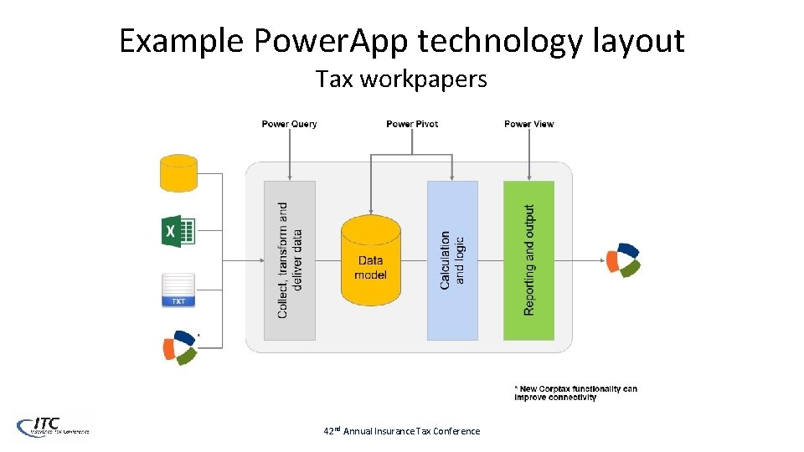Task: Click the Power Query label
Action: [x=289, y=124]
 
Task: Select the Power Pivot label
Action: [x=412, y=124]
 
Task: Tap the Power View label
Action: [x=528, y=124]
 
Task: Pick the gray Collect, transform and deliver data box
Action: [x=290, y=260]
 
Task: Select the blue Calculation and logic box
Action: [x=452, y=260]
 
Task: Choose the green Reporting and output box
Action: [x=528, y=260]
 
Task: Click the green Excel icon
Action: [x=178, y=230]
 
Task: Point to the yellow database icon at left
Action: [x=178, y=172]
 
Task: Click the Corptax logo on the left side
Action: [x=179, y=347]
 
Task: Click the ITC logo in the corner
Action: [x=52, y=426]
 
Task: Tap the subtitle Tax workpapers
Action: [x=401, y=80]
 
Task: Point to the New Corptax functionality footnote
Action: [x=575, y=393]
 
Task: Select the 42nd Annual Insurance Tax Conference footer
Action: [x=402, y=431]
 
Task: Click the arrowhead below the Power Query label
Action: [x=290, y=176]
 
